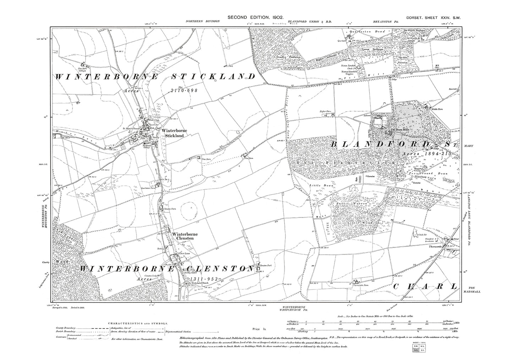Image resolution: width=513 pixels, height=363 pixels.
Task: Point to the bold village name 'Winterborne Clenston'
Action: tap(183, 236)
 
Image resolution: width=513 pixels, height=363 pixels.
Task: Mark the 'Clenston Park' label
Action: tap(265, 266)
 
